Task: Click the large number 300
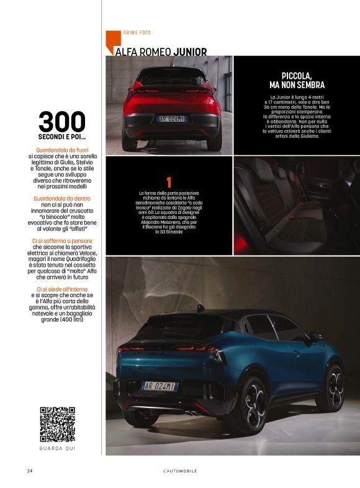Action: [62, 122]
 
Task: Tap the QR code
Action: [57, 424]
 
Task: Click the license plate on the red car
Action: [171, 118]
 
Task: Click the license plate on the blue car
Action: [160, 386]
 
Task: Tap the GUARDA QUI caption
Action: [57, 448]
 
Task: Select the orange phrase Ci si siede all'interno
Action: [61, 289]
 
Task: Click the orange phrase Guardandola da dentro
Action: [61, 198]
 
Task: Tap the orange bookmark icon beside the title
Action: [110, 41]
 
